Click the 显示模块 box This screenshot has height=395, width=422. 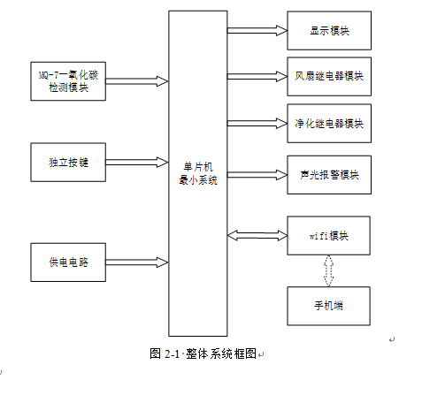pyautogui.click(x=329, y=31)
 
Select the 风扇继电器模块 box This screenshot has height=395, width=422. pyautogui.click(x=329, y=77)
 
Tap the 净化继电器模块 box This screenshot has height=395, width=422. pyautogui.click(x=329, y=124)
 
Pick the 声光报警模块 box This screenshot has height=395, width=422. pyautogui.click(x=329, y=175)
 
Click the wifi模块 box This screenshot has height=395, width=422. pyautogui.click(x=328, y=236)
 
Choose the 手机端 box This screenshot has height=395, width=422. pyautogui.click(x=328, y=306)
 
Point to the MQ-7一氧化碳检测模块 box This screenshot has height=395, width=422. pyautogui.click(x=68, y=81)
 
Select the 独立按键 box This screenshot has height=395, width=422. pyautogui.click(x=68, y=163)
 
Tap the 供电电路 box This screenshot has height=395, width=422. pyautogui.click(x=68, y=262)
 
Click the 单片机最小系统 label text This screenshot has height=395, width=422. pyautogui.click(x=198, y=174)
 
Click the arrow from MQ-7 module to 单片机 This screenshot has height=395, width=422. pyautogui.click(x=137, y=81)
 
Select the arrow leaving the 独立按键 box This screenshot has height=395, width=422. pyautogui.click(x=137, y=163)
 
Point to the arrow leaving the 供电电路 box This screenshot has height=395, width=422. pyautogui.click(x=137, y=262)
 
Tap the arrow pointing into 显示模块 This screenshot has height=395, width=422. pyautogui.click(x=257, y=31)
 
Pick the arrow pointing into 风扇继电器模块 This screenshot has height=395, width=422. pyautogui.click(x=257, y=77)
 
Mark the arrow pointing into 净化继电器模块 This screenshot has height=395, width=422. pyautogui.click(x=257, y=124)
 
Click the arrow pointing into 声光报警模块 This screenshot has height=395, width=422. pyautogui.click(x=257, y=175)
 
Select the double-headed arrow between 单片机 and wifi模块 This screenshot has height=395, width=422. pyautogui.click(x=257, y=236)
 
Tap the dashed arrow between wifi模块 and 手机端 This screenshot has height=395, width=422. pyautogui.click(x=328, y=270)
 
